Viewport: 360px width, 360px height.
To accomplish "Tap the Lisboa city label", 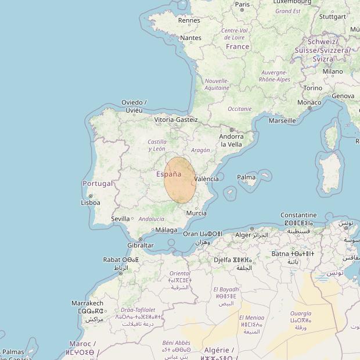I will coord(91,203).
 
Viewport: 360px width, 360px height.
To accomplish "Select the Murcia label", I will coord(196,213).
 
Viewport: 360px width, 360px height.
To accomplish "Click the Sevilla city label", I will coord(120,218).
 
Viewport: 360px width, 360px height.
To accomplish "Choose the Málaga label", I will coord(167,230).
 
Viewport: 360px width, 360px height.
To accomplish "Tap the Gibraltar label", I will coord(141,245).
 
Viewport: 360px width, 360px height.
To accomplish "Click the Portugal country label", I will coord(98,183).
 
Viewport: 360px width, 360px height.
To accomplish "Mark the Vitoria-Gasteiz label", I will coord(176,120).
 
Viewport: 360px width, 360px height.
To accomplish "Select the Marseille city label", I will coord(282,121).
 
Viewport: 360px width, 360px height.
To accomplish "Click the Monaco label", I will coord(309,102).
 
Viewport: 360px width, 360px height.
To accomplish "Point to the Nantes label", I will coord(191,38).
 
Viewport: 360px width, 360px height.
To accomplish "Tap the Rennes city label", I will coord(189,20).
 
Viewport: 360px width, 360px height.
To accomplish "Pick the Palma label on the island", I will coord(246,177).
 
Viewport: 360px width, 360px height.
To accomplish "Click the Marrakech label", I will coord(87,303).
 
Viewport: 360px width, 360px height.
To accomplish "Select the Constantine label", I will coord(298,215).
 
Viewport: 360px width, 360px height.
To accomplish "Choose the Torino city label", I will coord(312,88).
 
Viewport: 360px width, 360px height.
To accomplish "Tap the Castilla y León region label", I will coord(157,145).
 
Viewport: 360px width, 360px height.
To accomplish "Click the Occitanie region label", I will coord(240,109).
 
